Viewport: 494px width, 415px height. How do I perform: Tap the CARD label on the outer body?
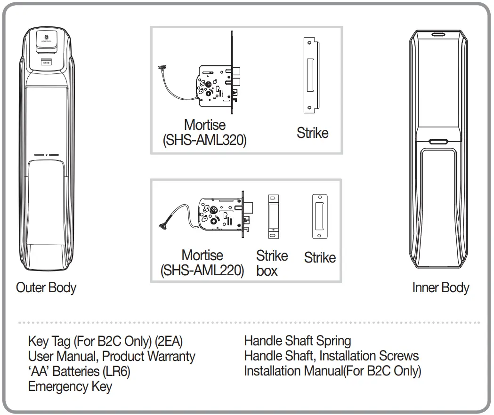point(46,62)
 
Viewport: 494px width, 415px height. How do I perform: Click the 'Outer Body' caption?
point(46,287)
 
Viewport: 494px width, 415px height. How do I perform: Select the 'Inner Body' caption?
point(441,287)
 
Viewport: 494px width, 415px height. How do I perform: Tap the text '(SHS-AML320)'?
point(204,141)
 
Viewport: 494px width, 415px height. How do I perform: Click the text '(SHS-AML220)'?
point(202,271)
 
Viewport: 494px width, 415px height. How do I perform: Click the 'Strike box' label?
point(271,263)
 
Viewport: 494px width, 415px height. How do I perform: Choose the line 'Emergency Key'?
point(70,387)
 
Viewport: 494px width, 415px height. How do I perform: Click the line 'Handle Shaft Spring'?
point(297,341)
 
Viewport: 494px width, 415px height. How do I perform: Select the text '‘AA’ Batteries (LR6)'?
point(79,371)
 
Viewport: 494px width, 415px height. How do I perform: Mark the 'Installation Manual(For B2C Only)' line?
point(332,371)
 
